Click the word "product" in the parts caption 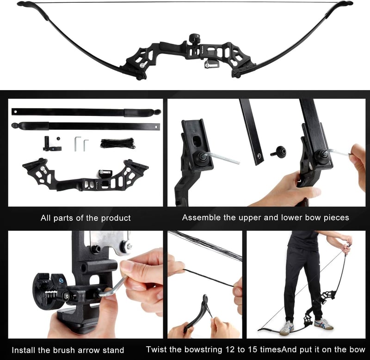coord(116,218)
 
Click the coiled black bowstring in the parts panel coord(118,143)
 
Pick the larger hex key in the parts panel coord(77,143)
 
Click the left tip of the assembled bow coord(20,4)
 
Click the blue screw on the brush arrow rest coord(61,281)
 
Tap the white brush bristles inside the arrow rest coord(51,294)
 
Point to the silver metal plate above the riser coord(111,242)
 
